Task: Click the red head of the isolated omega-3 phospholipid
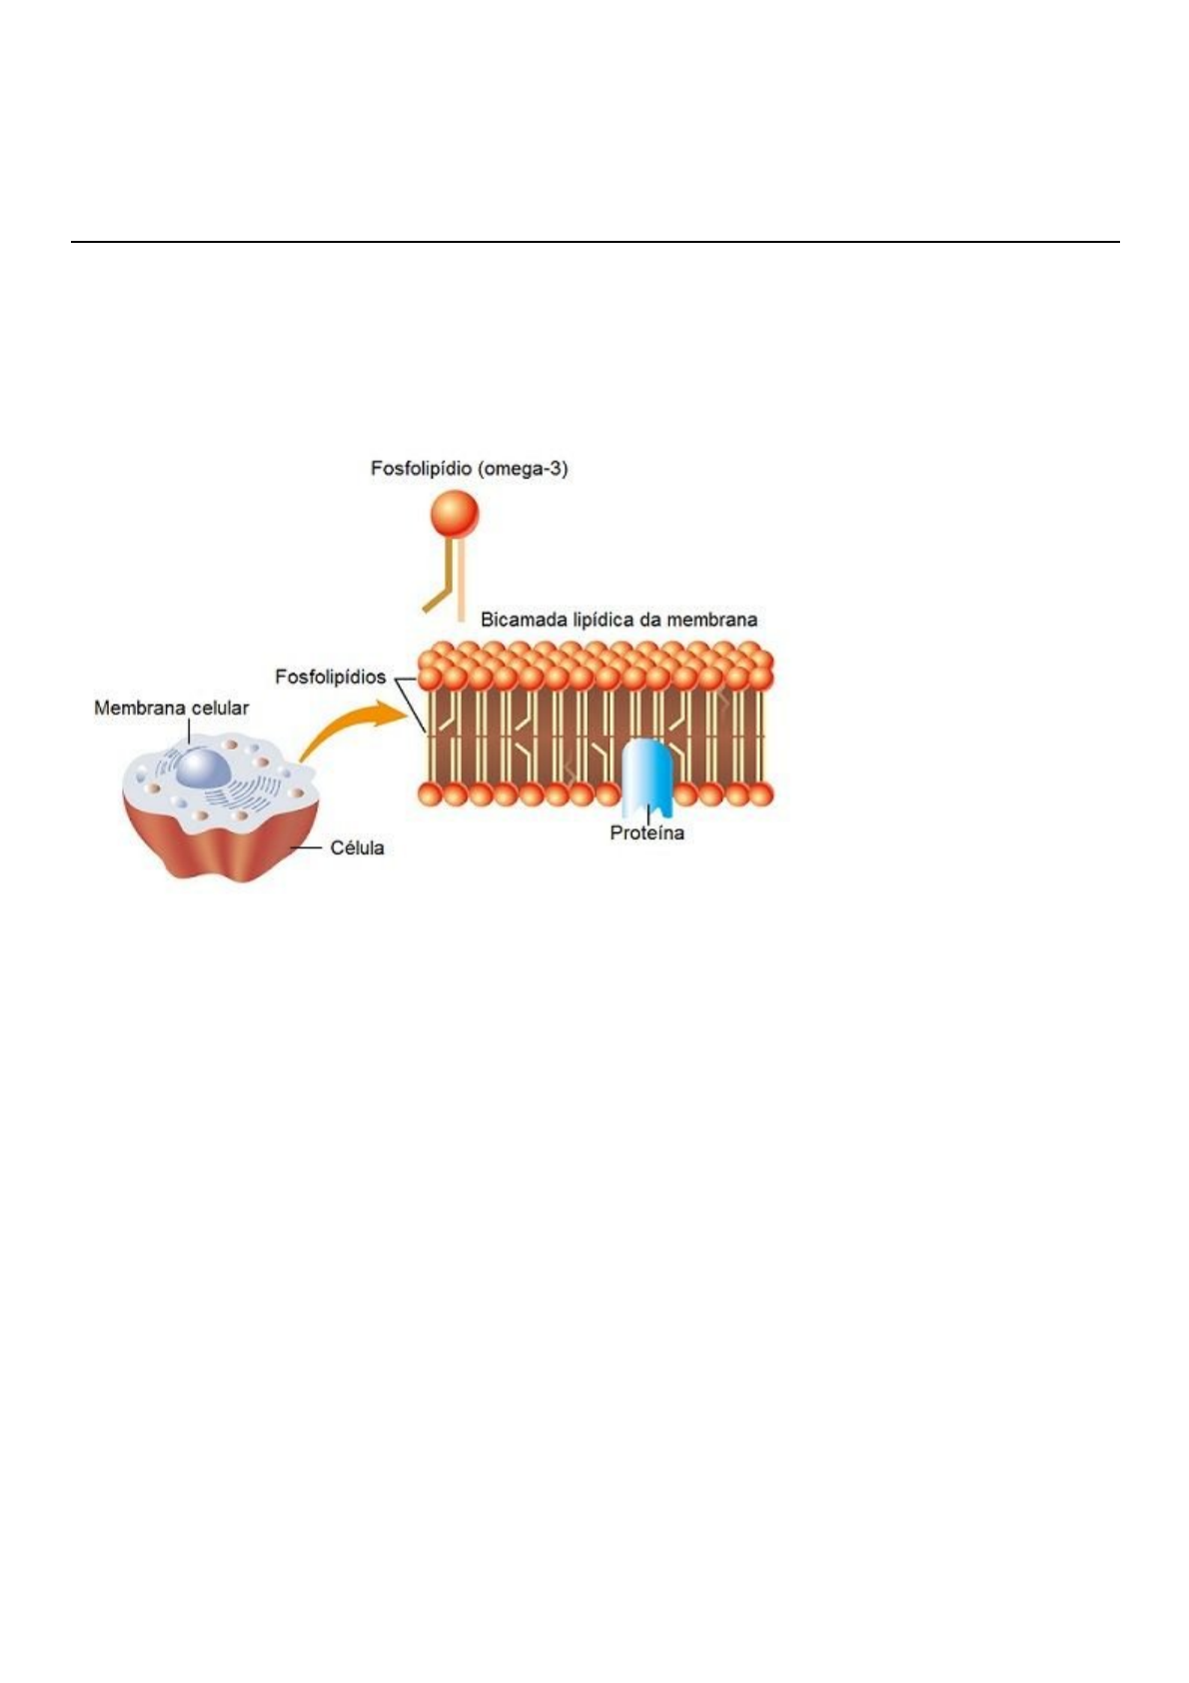coord(455,515)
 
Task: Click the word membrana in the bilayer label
coord(712,620)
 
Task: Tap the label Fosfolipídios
coord(330,678)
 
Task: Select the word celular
coord(218,709)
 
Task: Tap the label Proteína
coord(647,833)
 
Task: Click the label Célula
coord(357,848)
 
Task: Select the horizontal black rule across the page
coord(594,242)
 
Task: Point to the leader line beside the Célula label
coord(305,848)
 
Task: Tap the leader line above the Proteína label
coord(647,814)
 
